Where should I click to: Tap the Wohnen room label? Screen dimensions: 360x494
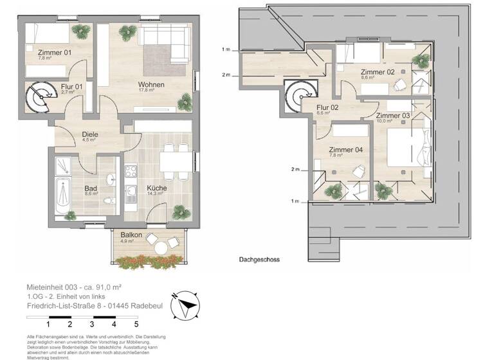(x=151, y=85)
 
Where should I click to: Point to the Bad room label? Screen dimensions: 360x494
(x=90, y=188)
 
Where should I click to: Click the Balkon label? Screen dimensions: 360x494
(x=131, y=235)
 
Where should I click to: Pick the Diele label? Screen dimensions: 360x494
(x=89, y=135)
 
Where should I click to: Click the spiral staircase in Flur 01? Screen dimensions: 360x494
(x=40, y=98)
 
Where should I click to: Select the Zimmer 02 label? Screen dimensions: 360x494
(x=378, y=72)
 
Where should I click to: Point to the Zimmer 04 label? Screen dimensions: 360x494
(x=345, y=150)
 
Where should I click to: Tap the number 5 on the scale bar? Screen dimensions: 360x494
(x=136, y=324)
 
